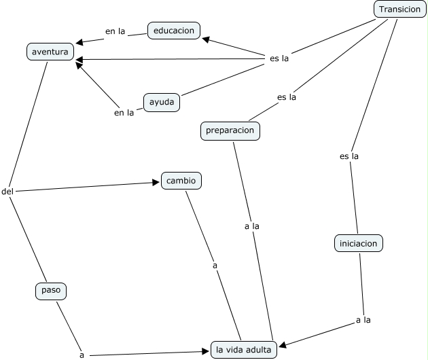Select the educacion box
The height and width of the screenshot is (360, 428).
click(x=173, y=30)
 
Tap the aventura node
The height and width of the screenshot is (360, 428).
click(x=50, y=51)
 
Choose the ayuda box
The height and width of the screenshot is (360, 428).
click(x=162, y=103)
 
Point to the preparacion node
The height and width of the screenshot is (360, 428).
click(x=230, y=130)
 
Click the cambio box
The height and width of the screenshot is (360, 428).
click(x=181, y=181)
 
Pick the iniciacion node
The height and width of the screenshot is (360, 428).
click(x=359, y=242)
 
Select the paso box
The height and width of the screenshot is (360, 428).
click(x=52, y=291)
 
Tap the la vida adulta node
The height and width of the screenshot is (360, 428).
click(x=244, y=350)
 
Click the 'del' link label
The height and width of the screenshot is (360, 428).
click(x=7, y=192)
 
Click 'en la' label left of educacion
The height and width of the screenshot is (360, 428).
click(x=115, y=31)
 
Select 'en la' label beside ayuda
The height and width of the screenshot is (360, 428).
click(x=124, y=113)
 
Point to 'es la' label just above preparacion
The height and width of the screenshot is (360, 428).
click(x=287, y=96)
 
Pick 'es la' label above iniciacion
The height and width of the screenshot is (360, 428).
click(x=349, y=156)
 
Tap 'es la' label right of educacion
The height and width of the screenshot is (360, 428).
click(x=279, y=58)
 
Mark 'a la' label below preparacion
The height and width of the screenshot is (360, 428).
click(x=251, y=226)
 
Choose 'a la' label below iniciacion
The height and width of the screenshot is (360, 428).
click(x=363, y=319)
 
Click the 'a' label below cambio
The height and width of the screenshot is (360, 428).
click(x=215, y=266)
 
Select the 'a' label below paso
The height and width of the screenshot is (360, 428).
click(x=82, y=355)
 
